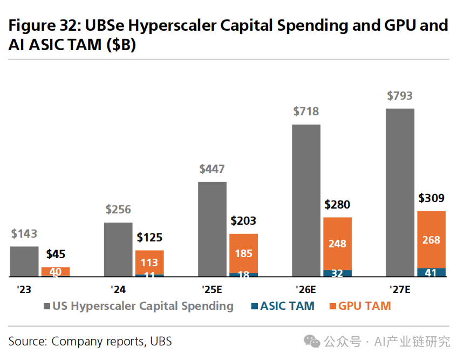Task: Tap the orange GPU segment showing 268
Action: (x=432, y=240)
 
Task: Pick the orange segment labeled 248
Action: (x=337, y=244)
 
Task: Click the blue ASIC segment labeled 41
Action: (x=432, y=273)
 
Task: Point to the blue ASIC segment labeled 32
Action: (x=337, y=273)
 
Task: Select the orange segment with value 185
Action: (x=243, y=253)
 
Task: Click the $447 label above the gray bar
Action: (x=212, y=169)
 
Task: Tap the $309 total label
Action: (x=432, y=198)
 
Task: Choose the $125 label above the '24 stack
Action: (x=149, y=238)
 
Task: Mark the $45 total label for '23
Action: (x=56, y=254)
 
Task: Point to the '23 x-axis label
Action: (x=24, y=289)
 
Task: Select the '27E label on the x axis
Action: (x=400, y=289)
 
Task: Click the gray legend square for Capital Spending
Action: (x=47, y=307)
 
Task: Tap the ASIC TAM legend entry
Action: (x=282, y=306)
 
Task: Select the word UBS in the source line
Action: (x=161, y=341)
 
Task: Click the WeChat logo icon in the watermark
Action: (x=311, y=341)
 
